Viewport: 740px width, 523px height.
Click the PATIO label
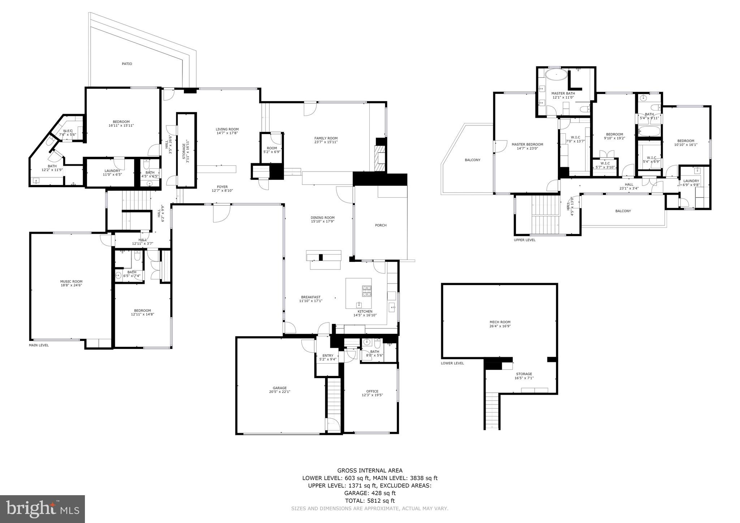[x=127, y=64]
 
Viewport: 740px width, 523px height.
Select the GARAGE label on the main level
[x=280, y=388]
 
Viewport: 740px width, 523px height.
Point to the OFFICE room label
[x=372, y=391]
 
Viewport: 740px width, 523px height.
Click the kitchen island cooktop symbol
[x=367, y=290]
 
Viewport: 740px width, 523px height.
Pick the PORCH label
[x=380, y=225]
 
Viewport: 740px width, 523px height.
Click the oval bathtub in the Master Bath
[x=556, y=75]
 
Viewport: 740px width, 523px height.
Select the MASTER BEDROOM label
[x=527, y=144]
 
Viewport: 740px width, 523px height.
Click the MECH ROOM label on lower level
[x=500, y=322]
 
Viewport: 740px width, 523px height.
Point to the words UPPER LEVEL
[x=525, y=240]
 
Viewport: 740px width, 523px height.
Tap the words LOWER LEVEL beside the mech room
[x=452, y=363]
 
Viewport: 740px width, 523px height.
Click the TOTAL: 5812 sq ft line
[x=370, y=501]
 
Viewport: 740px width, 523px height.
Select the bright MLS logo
[x=43, y=509]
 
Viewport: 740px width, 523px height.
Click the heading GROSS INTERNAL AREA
[x=370, y=470]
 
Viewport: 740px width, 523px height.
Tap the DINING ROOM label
[x=323, y=218]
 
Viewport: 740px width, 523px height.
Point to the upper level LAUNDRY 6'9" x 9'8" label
[x=691, y=181]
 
